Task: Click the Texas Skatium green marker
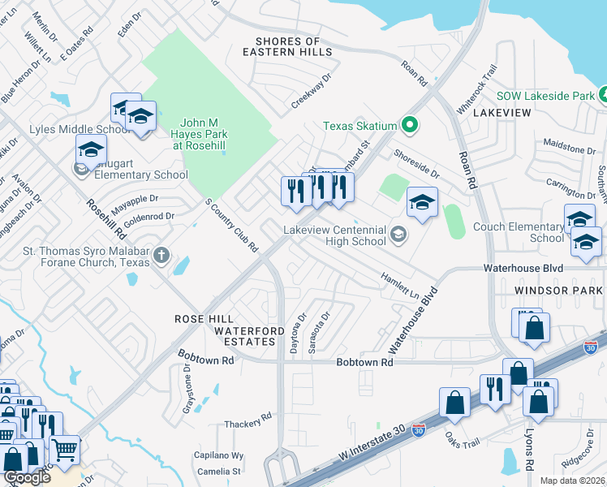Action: click(x=410, y=125)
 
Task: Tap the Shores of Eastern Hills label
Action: click(x=293, y=46)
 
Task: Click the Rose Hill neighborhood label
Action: click(x=204, y=319)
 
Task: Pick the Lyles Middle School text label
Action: click(x=69, y=129)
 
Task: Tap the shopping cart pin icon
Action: click(x=64, y=448)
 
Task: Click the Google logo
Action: click(x=27, y=477)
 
